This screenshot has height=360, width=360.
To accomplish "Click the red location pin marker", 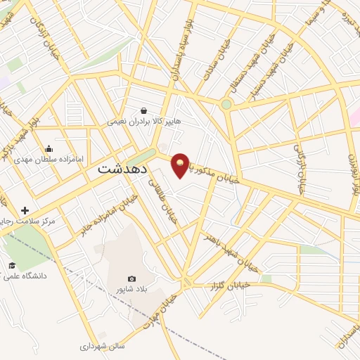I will click(180, 165).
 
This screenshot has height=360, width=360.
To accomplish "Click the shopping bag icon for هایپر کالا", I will click(144, 110).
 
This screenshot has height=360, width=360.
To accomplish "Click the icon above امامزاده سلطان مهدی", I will click(48, 148).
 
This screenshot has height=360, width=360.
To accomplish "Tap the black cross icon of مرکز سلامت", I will click(25, 210).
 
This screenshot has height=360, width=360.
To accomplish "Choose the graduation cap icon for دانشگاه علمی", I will click(12, 265).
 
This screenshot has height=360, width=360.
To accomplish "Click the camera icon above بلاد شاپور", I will click(131, 279).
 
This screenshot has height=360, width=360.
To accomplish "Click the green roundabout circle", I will click(226, 105).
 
